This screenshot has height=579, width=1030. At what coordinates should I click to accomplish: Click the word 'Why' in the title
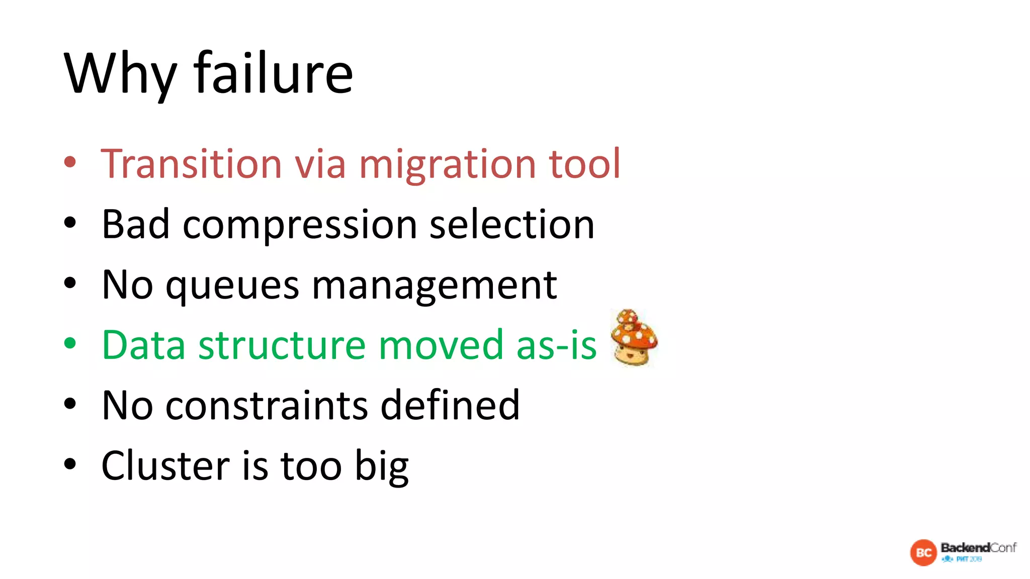(121, 74)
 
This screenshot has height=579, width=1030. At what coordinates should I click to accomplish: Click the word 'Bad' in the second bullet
(135, 224)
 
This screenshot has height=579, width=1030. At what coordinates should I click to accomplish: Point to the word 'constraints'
(267, 406)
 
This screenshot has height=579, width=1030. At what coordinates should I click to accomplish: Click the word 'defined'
(450, 405)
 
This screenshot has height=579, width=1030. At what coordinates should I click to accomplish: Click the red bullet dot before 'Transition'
(70, 162)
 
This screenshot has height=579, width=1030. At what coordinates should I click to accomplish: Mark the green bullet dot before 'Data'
(70, 343)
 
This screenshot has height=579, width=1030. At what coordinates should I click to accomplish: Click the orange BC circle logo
(923, 553)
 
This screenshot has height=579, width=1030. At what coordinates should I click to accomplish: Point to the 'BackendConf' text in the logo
(978, 547)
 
